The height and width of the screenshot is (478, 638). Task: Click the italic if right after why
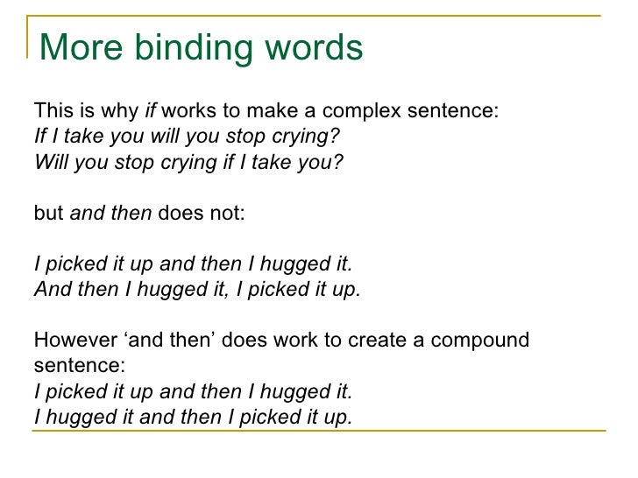click(151, 112)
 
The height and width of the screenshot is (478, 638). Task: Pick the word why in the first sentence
click(122, 112)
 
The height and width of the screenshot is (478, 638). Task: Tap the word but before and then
click(48, 213)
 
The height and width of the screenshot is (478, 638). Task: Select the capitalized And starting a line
click(52, 290)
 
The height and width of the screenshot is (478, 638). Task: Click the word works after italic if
click(186, 112)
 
